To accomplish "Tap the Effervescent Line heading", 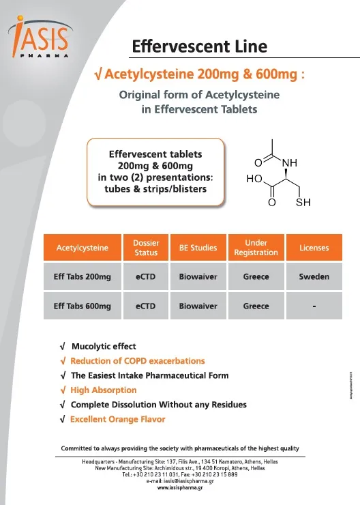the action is pyautogui.click(x=199, y=47).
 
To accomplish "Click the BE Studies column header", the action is pyautogui.click(x=198, y=248).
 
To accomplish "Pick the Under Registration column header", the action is pyautogui.click(x=256, y=248).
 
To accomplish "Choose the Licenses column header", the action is pyautogui.click(x=314, y=248).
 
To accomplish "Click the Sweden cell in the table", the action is pyautogui.click(x=314, y=277).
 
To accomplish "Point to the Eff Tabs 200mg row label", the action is pyautogui.click(x=82, y=277).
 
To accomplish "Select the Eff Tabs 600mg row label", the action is pyautogui.click(x=82, y=306).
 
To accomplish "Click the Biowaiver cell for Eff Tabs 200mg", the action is pyautogui.click(x=198, y=277).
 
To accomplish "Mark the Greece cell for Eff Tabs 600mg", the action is pyautogui.click(x=256, y=306).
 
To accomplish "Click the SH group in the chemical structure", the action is pyautogui.click(x=303, y=203).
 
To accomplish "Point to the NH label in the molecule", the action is pyautogui.click(x=290, y=163).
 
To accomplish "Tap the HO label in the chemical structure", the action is pyautogui.click(x=254, y=179).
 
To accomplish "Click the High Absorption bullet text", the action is pyautogui.click(x=103, y=390).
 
